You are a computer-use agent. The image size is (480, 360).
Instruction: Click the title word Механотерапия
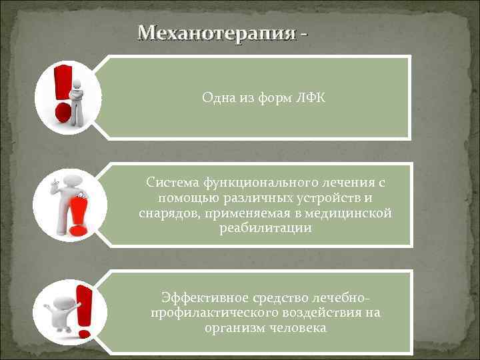pyautogui.click(x=215, y=33)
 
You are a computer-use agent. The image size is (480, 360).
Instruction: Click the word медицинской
pyautogui.click(x=356, y=213)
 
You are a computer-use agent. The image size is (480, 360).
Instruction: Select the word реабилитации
pyautogui.click(x=265, y=229)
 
